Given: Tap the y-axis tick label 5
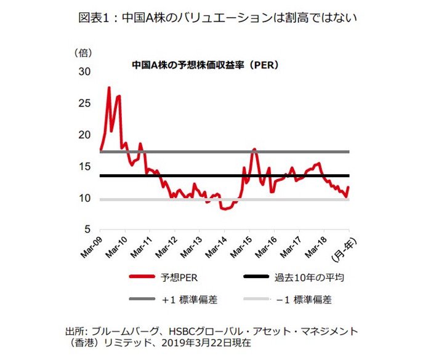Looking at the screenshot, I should coord(86,230).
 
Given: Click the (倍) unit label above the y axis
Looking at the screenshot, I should coord(83,53).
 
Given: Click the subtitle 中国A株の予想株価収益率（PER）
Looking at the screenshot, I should coord(206,64).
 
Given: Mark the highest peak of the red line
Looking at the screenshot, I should coord(109,87).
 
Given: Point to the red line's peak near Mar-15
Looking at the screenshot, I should coord(254,149).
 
